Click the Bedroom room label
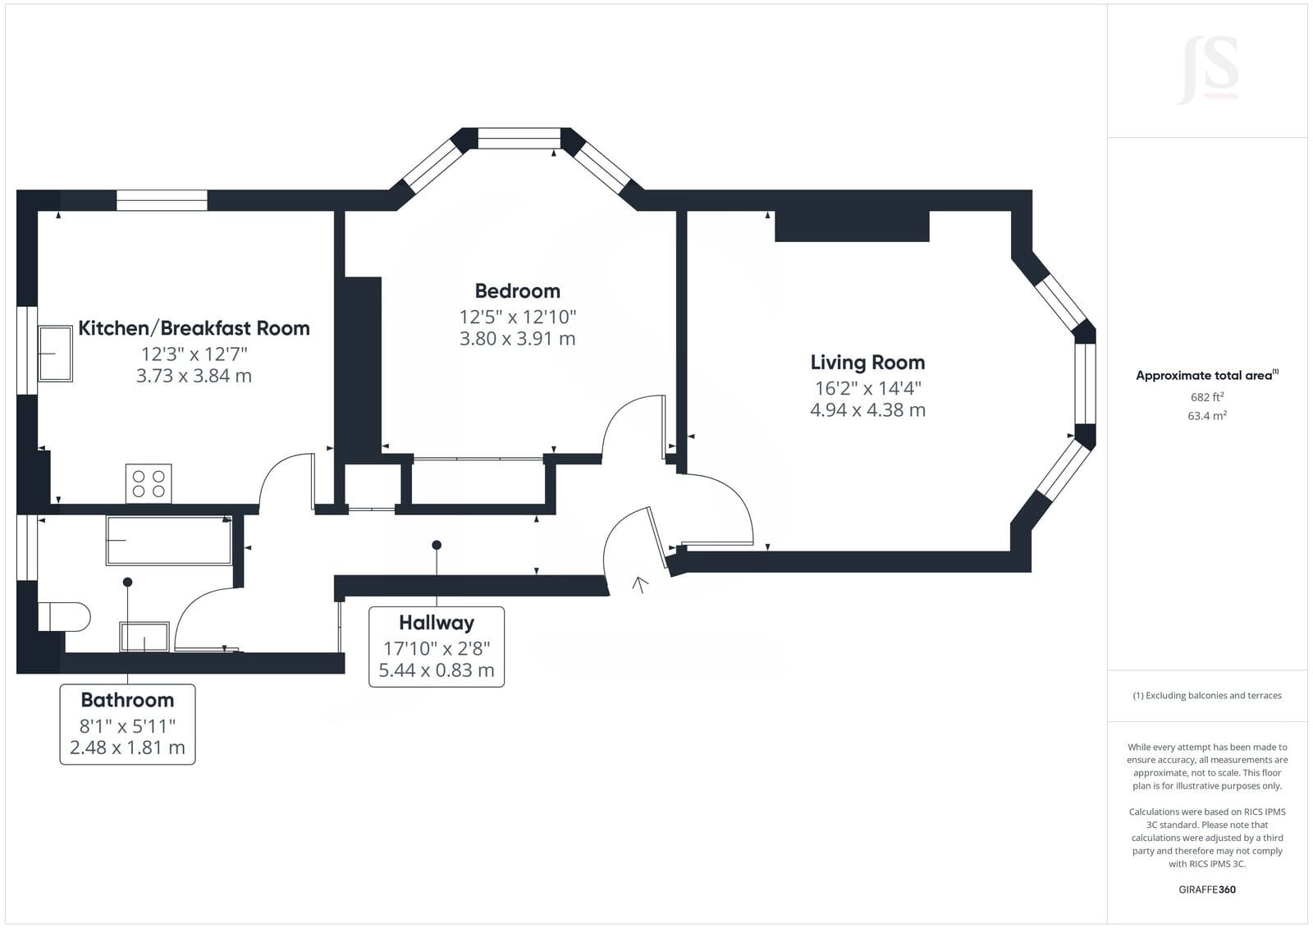517,290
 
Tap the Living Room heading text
867,363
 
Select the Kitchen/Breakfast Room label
194,328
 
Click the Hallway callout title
437,623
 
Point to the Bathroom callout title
127,700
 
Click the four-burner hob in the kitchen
149,483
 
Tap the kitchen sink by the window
55,354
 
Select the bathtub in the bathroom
169,541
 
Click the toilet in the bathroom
64,617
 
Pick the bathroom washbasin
144,637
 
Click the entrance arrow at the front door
640,584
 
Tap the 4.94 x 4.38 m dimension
867,409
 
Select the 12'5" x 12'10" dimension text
518,318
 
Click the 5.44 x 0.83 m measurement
437,670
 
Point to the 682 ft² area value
1207,397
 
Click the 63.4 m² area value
1207,416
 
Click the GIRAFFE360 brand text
1207,889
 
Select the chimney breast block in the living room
853,226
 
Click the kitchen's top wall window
162,200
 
